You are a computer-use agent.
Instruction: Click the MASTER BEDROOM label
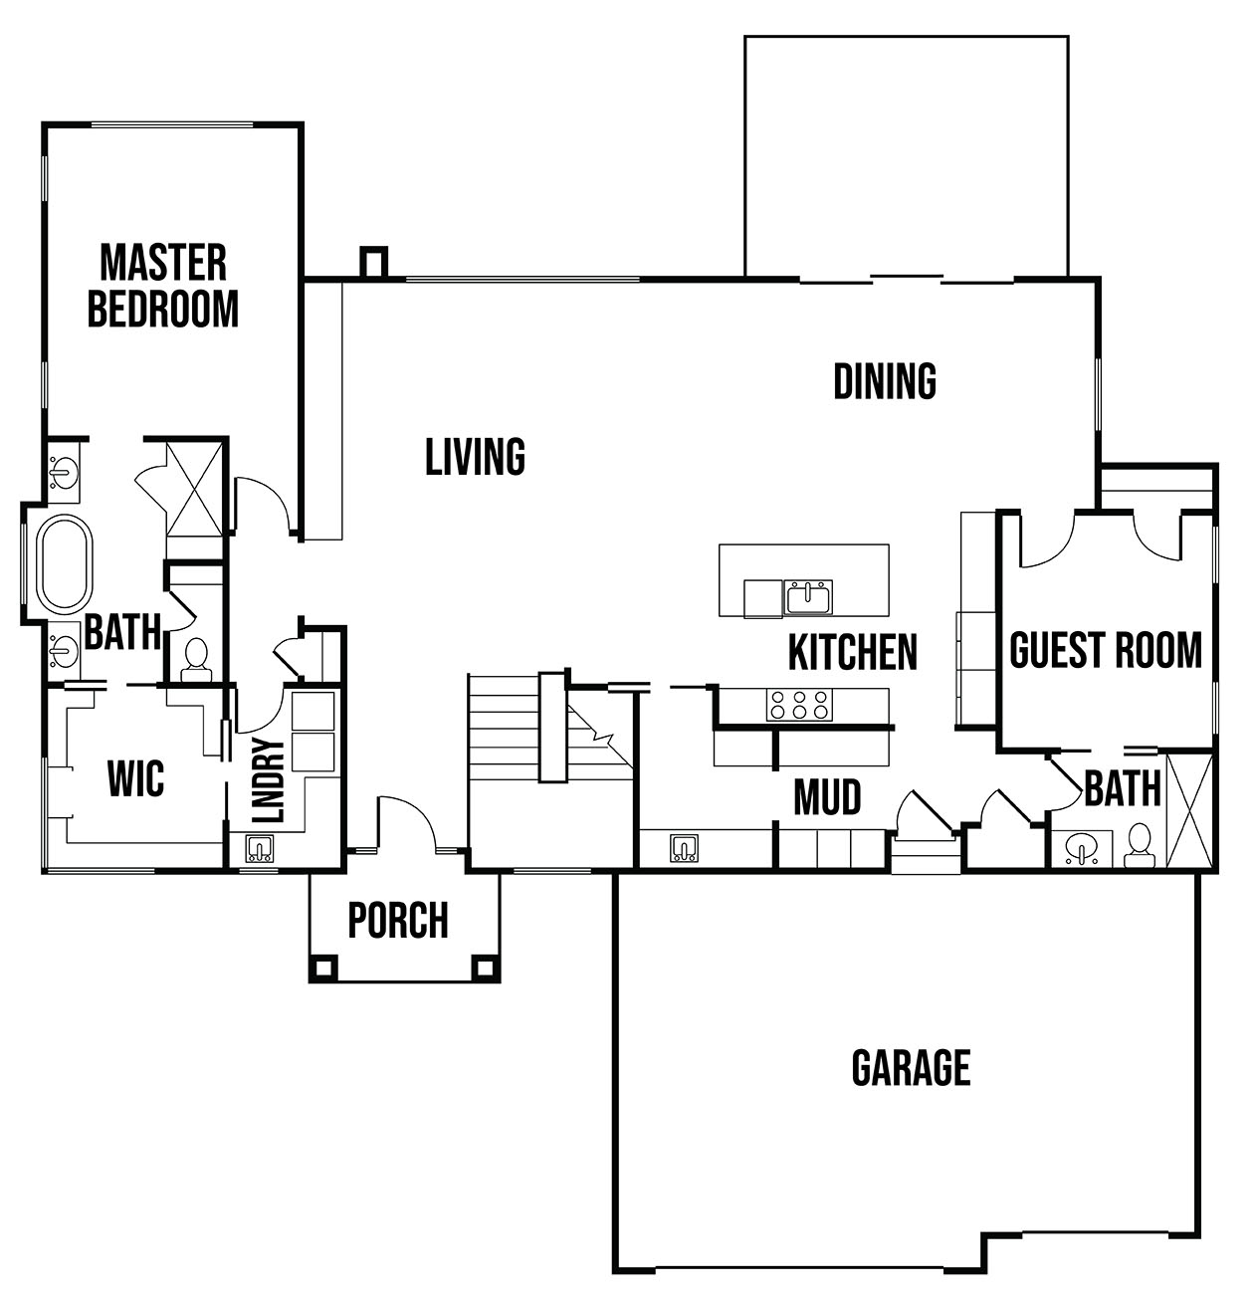(x=163, y=287)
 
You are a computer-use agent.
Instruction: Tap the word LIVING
(x=475, y=458)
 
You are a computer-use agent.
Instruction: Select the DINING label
(x=885, y=381)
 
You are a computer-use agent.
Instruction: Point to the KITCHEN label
(x=852, y=653)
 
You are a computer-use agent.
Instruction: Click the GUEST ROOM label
(x=1106, y=650)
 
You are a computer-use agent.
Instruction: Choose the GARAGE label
(x=911, y=1068)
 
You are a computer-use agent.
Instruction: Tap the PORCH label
(x=398, y=921)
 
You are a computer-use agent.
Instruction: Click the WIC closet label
(x=135, y=778)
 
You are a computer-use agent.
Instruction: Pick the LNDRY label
(x=268, y=780)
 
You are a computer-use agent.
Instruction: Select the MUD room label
(x=827, y=797)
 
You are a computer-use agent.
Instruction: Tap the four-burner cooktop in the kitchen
(x=798, y=705)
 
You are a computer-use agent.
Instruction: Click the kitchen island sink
(x=808, y=598)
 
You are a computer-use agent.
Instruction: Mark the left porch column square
(x=321, y=967)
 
